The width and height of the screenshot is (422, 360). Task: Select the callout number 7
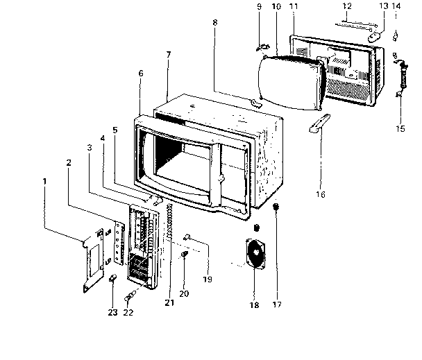pos(167,54)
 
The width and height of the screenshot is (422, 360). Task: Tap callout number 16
pos(320,195)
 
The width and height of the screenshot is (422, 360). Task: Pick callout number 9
pos(260,7)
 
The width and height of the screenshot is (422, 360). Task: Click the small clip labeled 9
pos(262,46)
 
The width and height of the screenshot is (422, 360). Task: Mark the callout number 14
pos(396,7)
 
